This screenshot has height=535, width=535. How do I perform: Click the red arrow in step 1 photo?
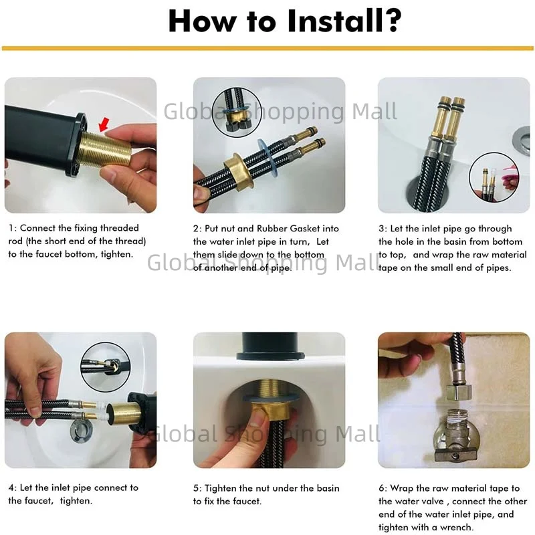click(x=104, y=124)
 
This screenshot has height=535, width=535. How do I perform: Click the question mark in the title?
click(x=390, y=20)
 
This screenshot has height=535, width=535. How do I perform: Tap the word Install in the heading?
click(x=332, y=21)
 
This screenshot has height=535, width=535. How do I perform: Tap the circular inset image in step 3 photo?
click(x=494, y=177)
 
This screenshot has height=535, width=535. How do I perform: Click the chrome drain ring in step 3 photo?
click(x=522, y=139)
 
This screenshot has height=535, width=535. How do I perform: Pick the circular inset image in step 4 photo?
click(x=106, y=367)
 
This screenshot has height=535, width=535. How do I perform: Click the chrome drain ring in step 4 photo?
click(x=79, y=431)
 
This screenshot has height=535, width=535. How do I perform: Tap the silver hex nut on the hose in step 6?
click(x=459, y=392)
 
